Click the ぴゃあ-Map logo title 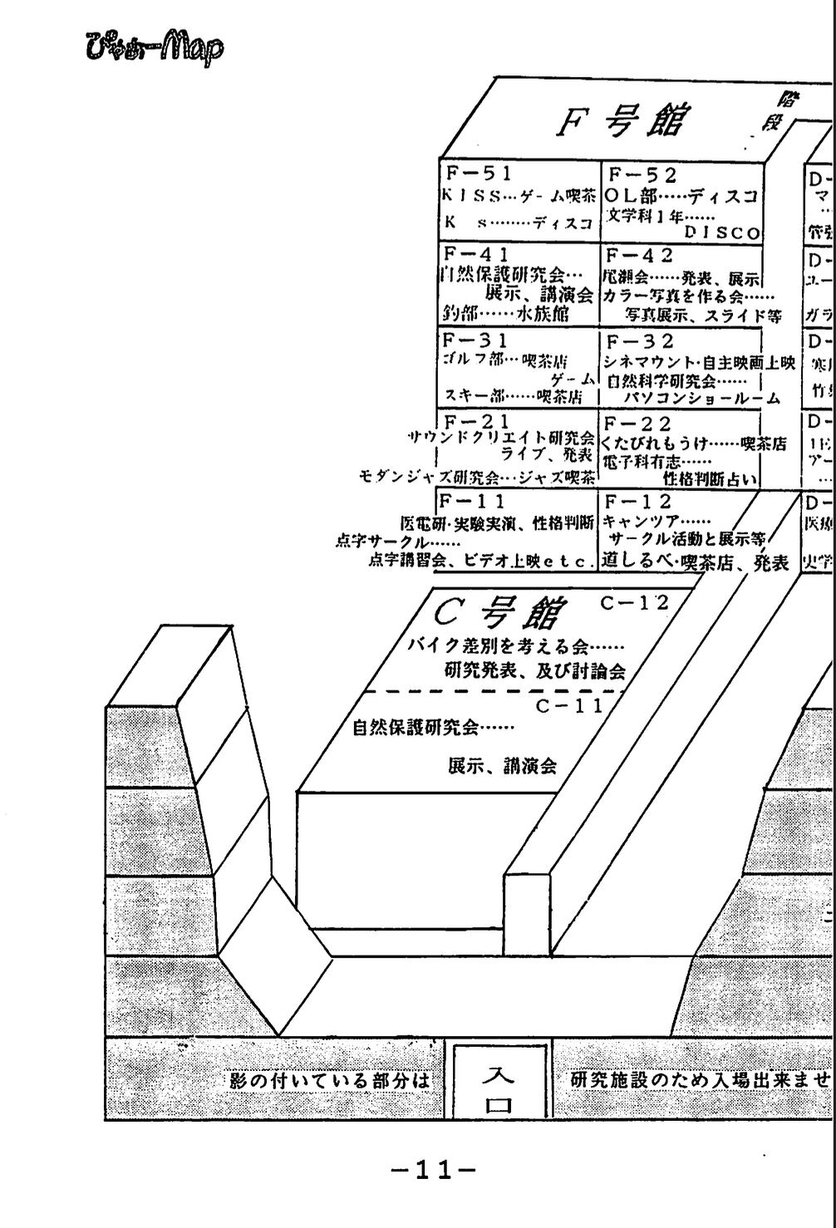point(154,47)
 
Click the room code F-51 point(479,174)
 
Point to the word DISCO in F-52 point(722,233)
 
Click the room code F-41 point(476,254)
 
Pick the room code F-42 point(639,256)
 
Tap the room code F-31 point(475,341)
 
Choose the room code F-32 point(640,341)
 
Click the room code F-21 point(477,422)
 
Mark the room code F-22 point(640,425)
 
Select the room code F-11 point(472,501)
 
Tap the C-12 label point(634,603)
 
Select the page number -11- point(433,1171)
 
